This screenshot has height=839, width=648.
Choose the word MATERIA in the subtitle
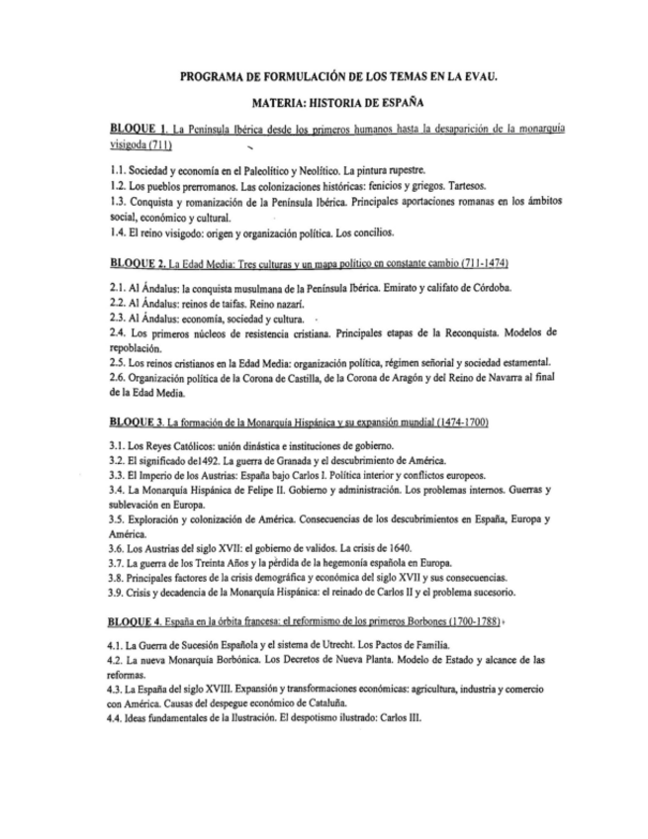pyautogui.click(x=282, y=102)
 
